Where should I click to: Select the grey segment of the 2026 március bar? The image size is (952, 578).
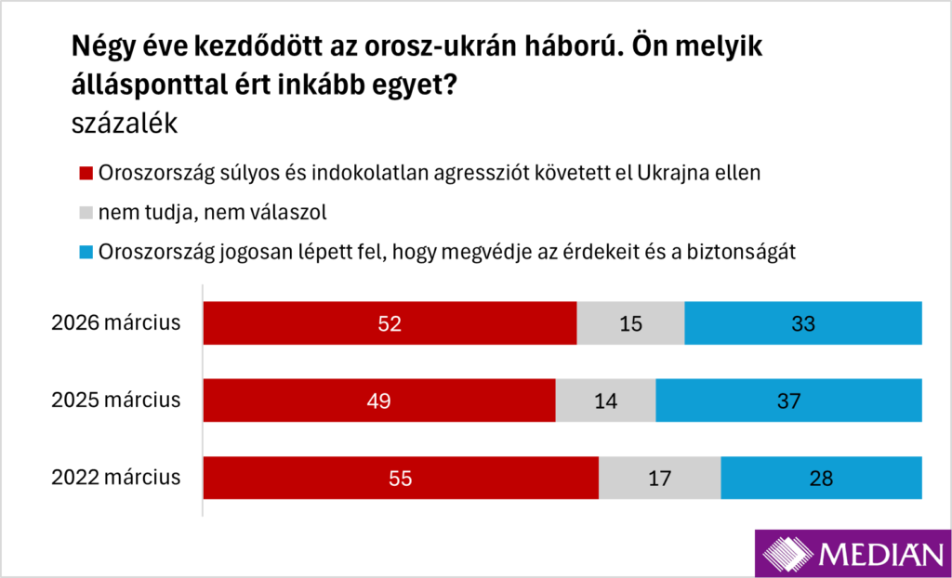[630, 323]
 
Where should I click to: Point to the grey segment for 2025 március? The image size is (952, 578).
[605, 401]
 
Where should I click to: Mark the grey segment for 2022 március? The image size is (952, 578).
[659, 479]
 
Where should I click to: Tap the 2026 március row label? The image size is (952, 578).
[115, 323]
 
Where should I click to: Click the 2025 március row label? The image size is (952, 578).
[115, 401]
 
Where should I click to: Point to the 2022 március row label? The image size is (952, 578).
[115, 479]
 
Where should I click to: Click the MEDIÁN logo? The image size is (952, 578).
[851, 555]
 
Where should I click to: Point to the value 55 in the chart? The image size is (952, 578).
[401, 479]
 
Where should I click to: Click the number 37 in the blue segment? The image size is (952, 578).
[788, 401]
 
